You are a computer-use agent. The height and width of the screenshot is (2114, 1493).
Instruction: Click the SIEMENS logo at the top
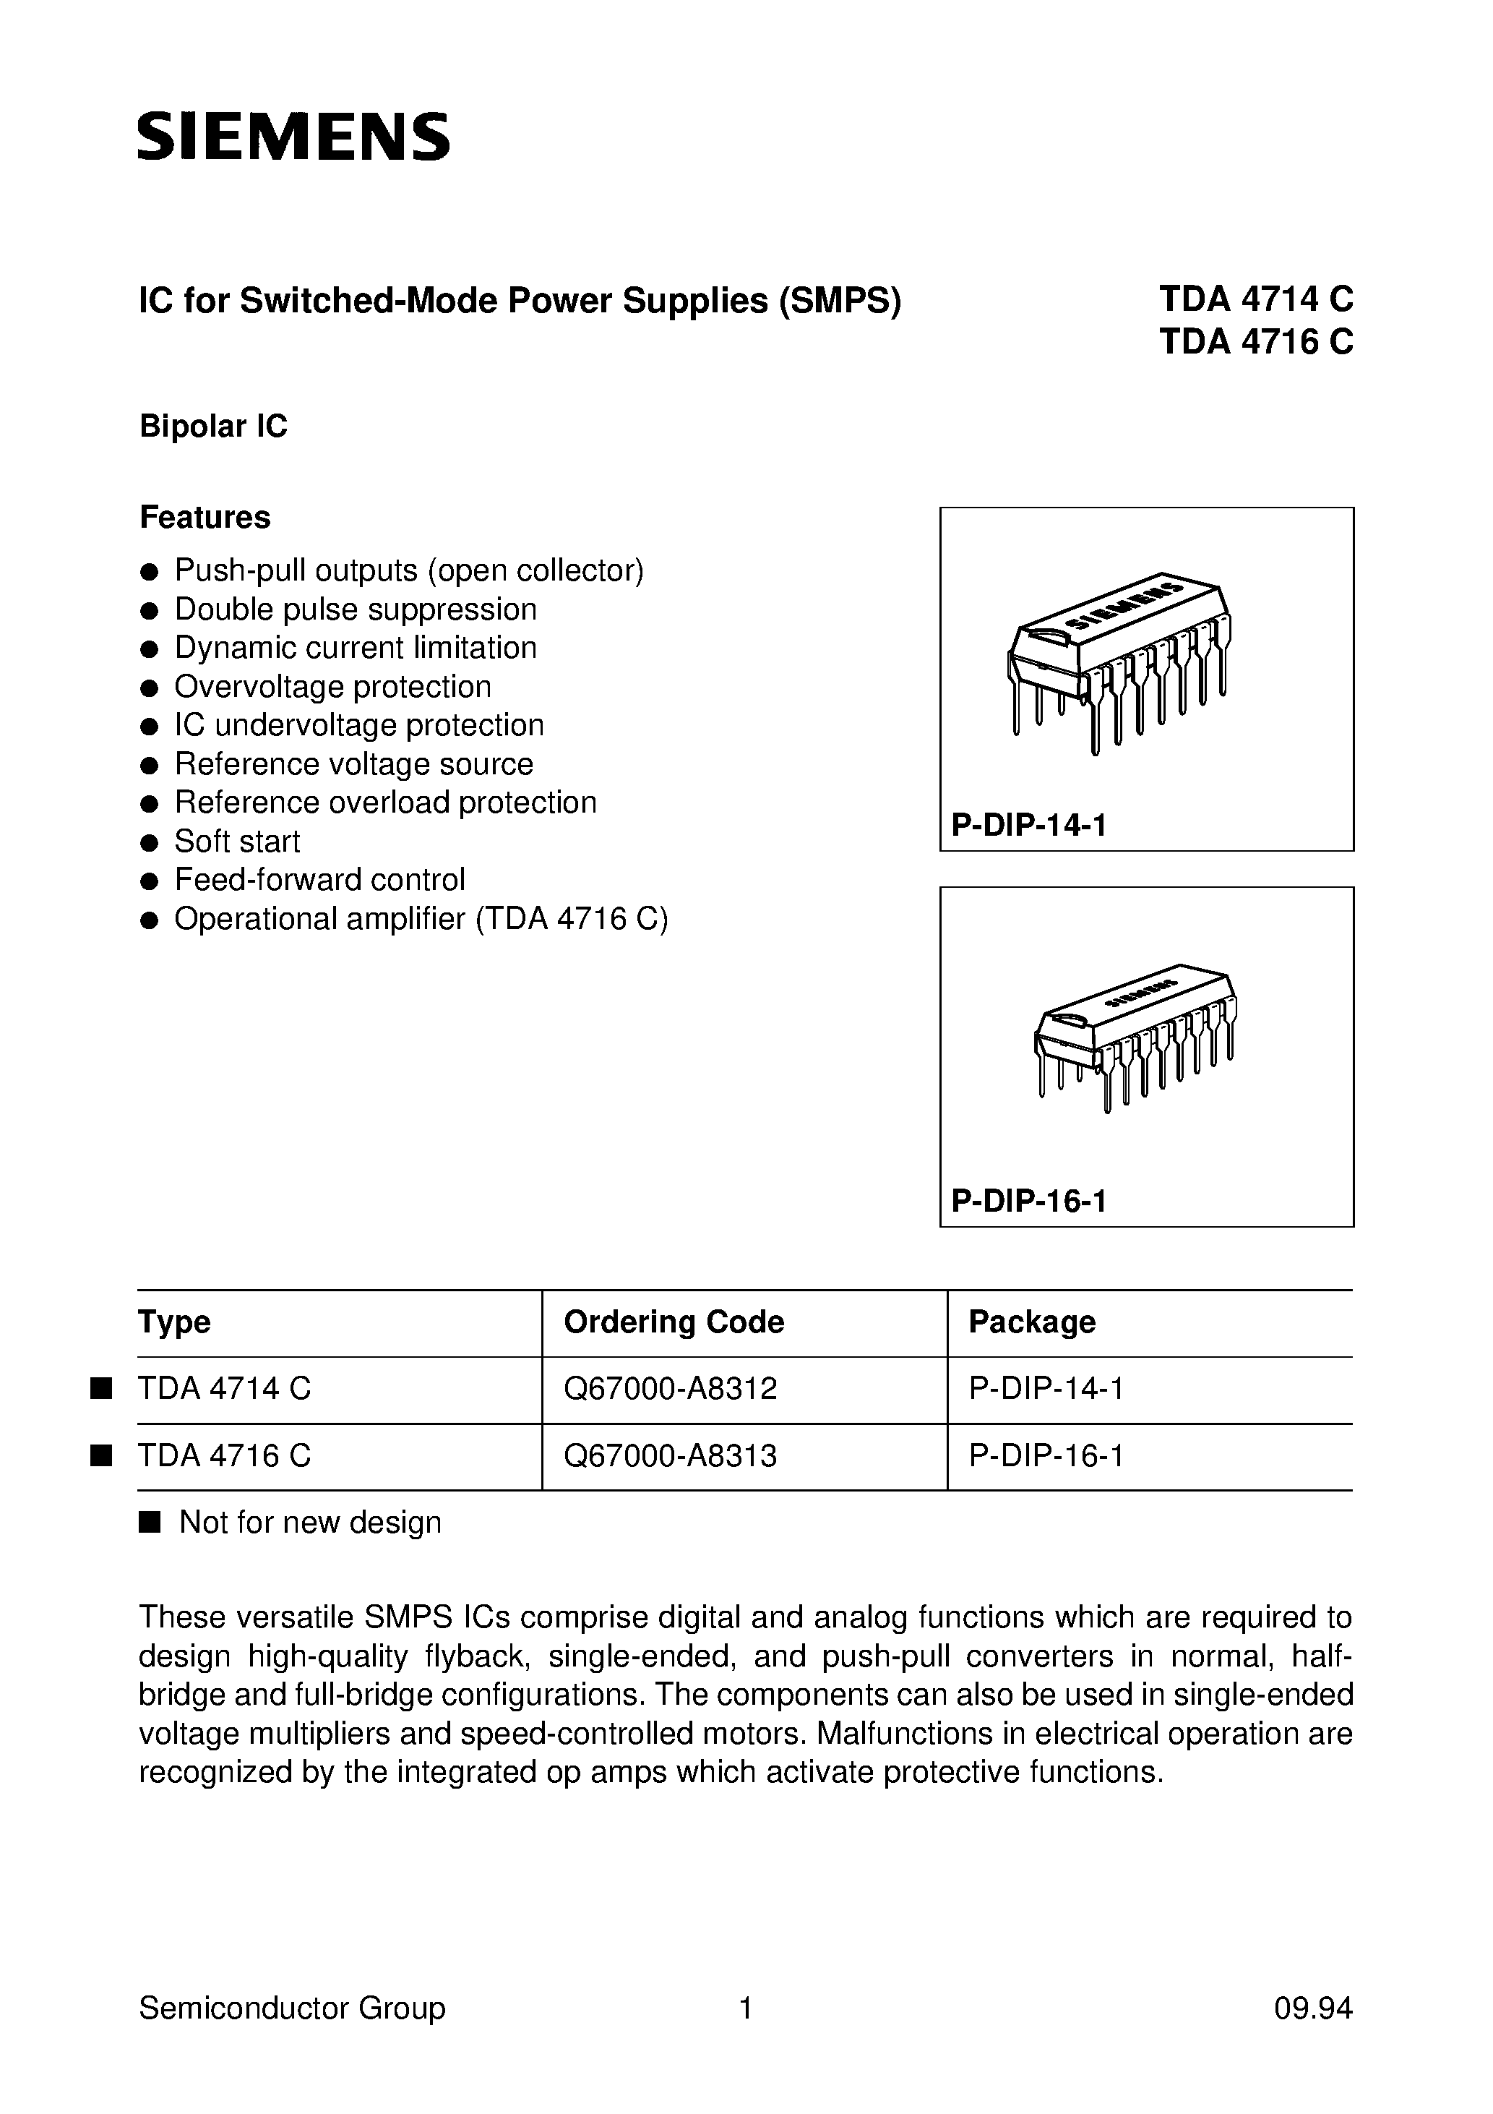tap(293, 137)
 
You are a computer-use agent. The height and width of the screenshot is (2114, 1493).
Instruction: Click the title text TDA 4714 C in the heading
tap(1255, 300)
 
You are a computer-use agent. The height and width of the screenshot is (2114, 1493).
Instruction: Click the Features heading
tap(205, 518)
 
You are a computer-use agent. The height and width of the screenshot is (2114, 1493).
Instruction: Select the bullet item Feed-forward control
tap(319, 880)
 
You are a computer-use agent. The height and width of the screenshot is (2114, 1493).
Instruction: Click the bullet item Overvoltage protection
tap(332, 687)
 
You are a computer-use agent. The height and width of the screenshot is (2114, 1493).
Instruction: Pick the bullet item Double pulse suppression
tap(356, 609)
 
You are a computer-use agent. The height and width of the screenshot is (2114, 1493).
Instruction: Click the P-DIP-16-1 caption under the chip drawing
tap(1028, 1202)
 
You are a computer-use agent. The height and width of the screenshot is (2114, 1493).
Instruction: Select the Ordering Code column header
tap(674, 1322)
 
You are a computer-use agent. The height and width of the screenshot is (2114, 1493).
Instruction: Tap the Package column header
tap(1032, 1322)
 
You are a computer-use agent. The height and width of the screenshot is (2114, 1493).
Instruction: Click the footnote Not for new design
tap(309, 1523)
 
